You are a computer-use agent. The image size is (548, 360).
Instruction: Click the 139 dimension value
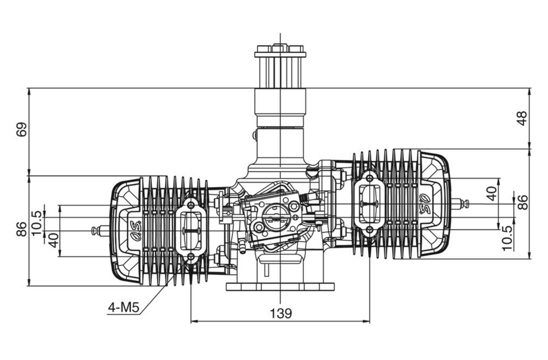(281, 313)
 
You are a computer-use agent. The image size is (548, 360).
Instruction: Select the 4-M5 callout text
(123, 309)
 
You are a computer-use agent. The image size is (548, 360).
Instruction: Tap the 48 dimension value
(522, 118)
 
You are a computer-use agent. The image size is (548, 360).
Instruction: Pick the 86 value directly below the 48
(522, 202)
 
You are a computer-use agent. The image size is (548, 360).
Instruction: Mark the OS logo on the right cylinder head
(426, 203)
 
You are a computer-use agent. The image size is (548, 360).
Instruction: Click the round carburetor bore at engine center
(272, 218)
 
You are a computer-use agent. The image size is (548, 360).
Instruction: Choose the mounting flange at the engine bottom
(280, 286)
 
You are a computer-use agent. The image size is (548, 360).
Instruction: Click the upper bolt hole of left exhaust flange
(191, 205)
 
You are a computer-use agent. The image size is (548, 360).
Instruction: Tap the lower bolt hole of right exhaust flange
(370, 229)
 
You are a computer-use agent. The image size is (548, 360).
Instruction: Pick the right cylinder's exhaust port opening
(370, 203)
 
